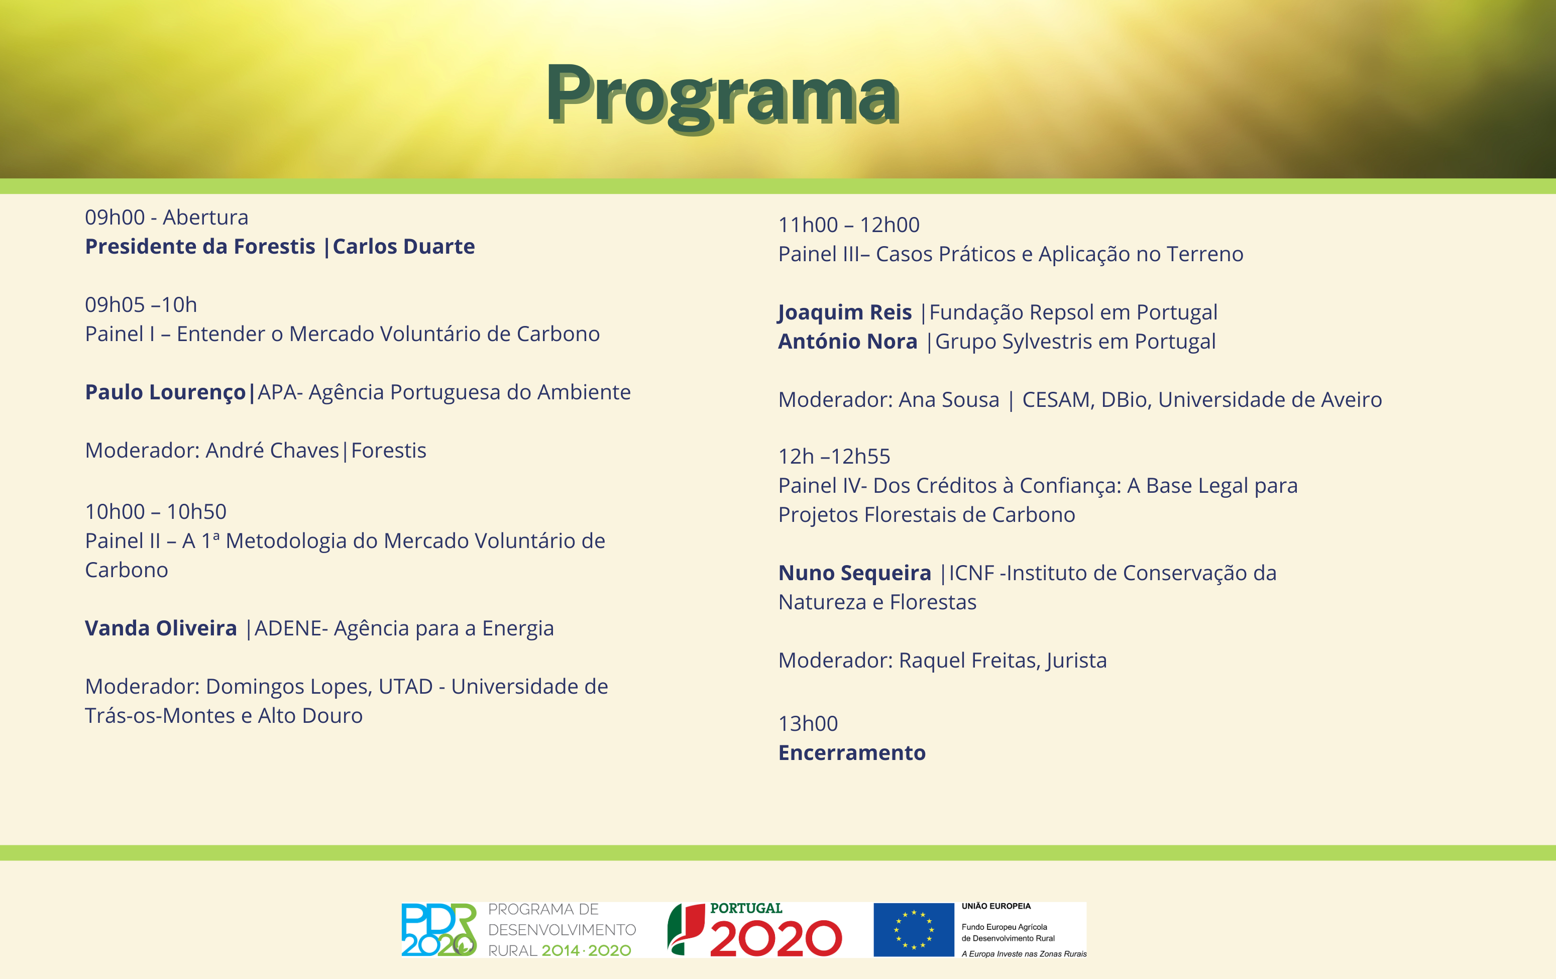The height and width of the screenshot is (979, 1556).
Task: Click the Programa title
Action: coord(722,95)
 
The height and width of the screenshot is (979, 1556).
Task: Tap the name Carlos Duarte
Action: coord(404,246)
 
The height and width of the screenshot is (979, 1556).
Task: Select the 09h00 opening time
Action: coord(115,217)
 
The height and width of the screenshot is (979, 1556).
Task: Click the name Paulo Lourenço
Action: coord(165,393)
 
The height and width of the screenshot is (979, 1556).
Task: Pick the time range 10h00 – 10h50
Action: coord(156,511)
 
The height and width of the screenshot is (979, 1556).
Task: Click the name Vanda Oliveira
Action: coord(161,628)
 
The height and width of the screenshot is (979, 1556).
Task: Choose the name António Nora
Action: coord(848,341)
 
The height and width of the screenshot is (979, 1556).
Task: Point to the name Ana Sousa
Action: coord(949,399)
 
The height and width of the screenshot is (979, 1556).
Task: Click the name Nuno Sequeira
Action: coord(855,573)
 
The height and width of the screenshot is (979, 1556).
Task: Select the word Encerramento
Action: coord(852,753)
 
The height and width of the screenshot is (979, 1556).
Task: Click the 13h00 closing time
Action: coord(808,723)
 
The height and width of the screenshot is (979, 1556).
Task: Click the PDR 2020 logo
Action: coord(439,930)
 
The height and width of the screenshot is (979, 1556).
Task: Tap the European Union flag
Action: coord(914,930)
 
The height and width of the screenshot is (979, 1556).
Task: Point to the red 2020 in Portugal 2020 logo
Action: coord(776,939)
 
